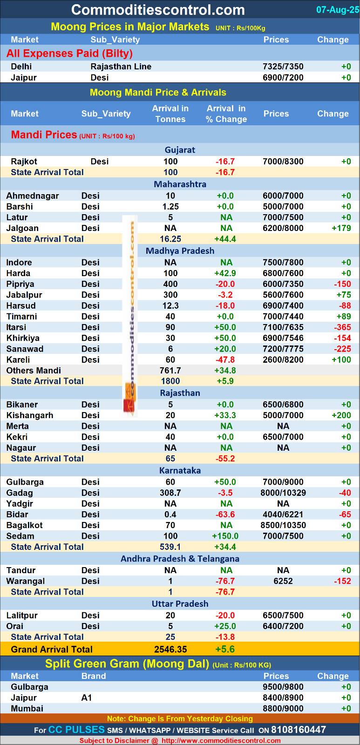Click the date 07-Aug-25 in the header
[x=337, y=10]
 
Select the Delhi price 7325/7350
[x=283, y=67]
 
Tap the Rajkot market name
[x=24, y=162]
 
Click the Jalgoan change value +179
[x=341, y=228]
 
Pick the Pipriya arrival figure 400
[x=170, y=284]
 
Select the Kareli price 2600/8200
[x=283, y=360]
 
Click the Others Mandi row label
[x=34, y=371]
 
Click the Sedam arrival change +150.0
[x=225, y=536]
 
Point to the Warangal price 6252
[x=283, y=581]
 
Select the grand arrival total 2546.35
[x=170, y=650]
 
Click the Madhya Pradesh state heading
[x=180, y=251]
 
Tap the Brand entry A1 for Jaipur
[x=87, y=698]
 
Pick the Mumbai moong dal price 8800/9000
[x=283, y=709]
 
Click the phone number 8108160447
[x=298, y=730]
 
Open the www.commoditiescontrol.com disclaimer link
[x=221, y=741]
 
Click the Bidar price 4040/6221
[x=283, y=515]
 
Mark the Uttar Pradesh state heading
[x=180, y=604]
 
